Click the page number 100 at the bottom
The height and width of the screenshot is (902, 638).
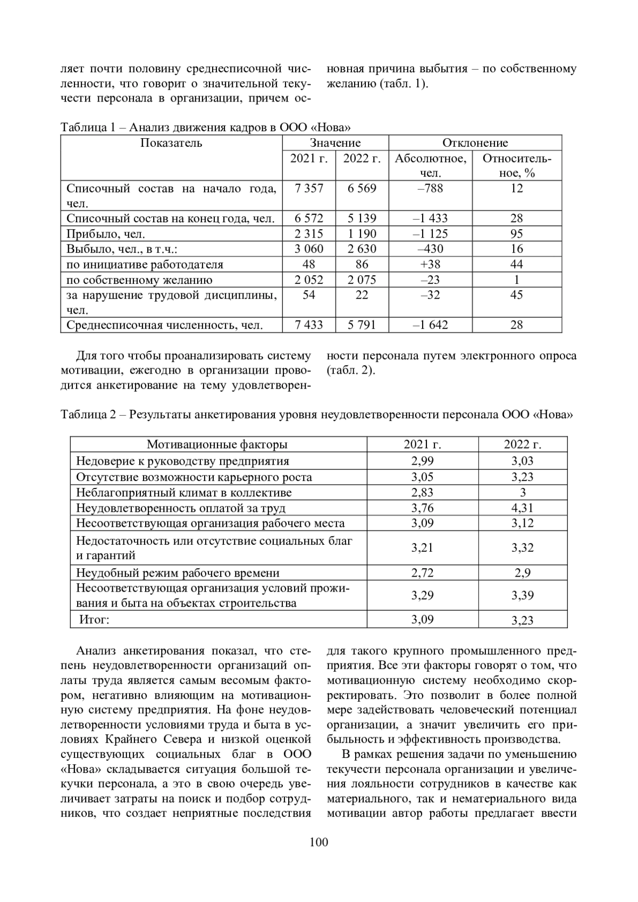pyautogui.click(x=318, y=842)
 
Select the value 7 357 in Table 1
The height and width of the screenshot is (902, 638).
pyautogui.click(x=309, y=189)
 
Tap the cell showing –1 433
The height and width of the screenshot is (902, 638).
pyautogui.click(x=430, y=218)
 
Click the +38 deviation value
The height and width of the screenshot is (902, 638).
pyautogui.click(x=430, y=265)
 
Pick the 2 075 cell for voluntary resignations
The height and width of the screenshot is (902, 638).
pyautogui.click(x=362, y=280)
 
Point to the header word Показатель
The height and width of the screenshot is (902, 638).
pyautogui.click(x=171, y=143)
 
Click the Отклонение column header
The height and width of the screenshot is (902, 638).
pyautogui.click(x=475, y=143)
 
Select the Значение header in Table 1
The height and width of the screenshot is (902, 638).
pyautogui.click(x=335, y=143)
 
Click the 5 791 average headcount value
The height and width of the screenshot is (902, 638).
pyautogui.click(x=362, y=325)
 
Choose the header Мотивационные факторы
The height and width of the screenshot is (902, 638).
pyautogui.click(x=217, y=445)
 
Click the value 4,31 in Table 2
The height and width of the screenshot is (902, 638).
pyautogui.click(x=522, y=508)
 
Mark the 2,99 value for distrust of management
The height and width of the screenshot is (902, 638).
pyautogui.click(x=422, y=461)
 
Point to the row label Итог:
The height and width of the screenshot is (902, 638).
pyautogui.click(x=94, y=619)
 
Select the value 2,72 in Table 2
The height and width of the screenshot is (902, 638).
pyautogui.click(x=422, y=573)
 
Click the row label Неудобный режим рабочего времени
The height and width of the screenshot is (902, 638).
pyautogui.click(x=178, y=573)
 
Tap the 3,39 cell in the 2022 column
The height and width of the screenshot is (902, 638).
pyautogui.click(x=522, y=595)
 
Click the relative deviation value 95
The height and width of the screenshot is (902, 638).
pyautogui.click(x=516, y=234)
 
